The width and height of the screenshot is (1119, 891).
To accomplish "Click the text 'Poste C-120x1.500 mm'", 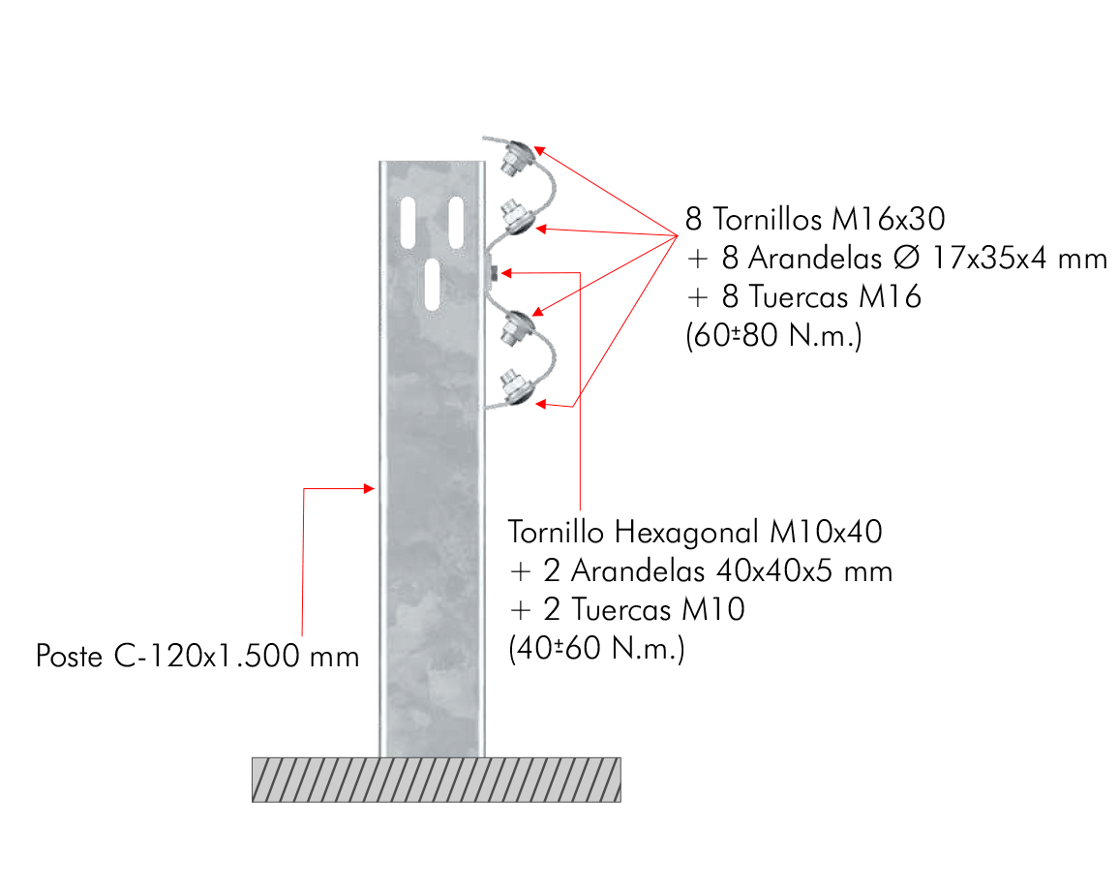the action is pos(197,656).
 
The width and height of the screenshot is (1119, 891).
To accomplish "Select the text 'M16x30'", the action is pos(889,219).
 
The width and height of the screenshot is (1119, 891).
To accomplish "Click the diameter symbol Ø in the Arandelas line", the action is pos(906,258).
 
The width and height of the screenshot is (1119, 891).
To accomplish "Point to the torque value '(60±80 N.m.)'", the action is pos(773,335).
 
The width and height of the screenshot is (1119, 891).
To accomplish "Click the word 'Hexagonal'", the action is pos(686,533).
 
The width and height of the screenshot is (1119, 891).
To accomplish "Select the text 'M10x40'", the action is pos(826,532).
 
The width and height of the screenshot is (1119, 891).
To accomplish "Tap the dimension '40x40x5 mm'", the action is pos(804,571).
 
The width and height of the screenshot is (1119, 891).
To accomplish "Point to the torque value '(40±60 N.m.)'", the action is pos(596,649).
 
